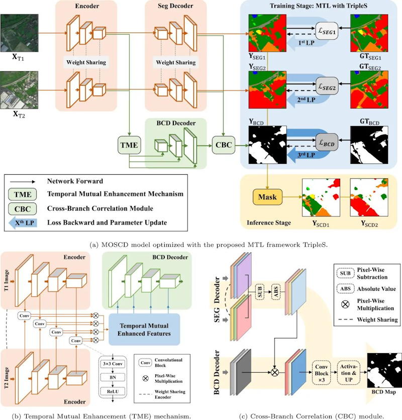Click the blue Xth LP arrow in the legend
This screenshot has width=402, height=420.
click(25, 221)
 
